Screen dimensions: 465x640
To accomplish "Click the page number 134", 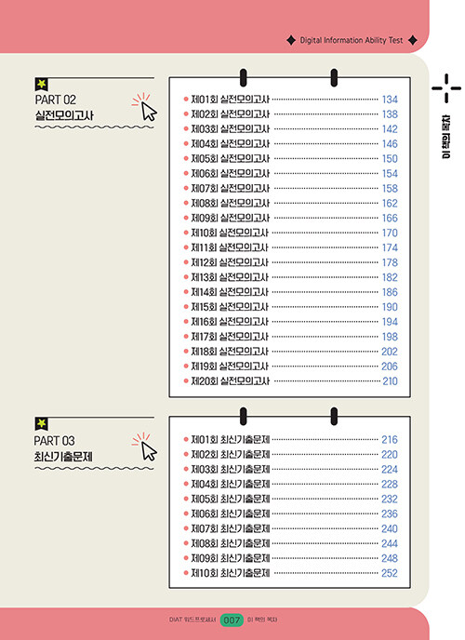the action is pyautogui.click(x=390, y=100).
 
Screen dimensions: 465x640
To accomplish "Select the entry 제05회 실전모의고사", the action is pyautogui.click(x=231, y=158).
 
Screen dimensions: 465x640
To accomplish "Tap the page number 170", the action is pyautogui.click(x=390, y=233).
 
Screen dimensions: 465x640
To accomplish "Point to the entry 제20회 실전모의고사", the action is pyautogui.click(x=231, y=380).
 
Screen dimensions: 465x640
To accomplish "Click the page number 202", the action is pyautogui.click(x=390, y=352).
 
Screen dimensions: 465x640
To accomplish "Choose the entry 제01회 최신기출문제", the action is pyautogui.click(x=231, y=440).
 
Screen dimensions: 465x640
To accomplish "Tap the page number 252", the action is pyautogui.click(x=390, y=573).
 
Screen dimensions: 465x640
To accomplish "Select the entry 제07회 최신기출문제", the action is pyautogui.click(x=231, y=528).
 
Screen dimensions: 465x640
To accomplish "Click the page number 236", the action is pyautogui.click(x=390, y=513).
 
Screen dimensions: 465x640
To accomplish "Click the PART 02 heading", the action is pyautogui.click(x=56, y=100).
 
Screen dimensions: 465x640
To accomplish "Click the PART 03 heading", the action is pyautogui.click(x=54, y=441).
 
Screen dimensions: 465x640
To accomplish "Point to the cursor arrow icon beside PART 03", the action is pyautogui.click(x=149, y=451).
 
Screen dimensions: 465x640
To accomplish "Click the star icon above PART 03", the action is pyautogui.click(x=41, y=423).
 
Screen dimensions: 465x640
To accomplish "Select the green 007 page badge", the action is pyautogui.click(x=232, y=620).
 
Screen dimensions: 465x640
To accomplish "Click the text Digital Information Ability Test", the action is pyautogui.click(x=352, y=40).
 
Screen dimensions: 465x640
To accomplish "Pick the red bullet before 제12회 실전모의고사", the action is pyautogui.click(x=186, y=262).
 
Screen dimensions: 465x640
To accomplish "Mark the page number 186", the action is pyautogui.click(x=390, y=292).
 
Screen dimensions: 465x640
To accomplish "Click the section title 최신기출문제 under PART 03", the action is pyautogui.click(x=63, y=457).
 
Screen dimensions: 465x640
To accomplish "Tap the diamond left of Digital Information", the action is pyautogui.click(x=291, y=40).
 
